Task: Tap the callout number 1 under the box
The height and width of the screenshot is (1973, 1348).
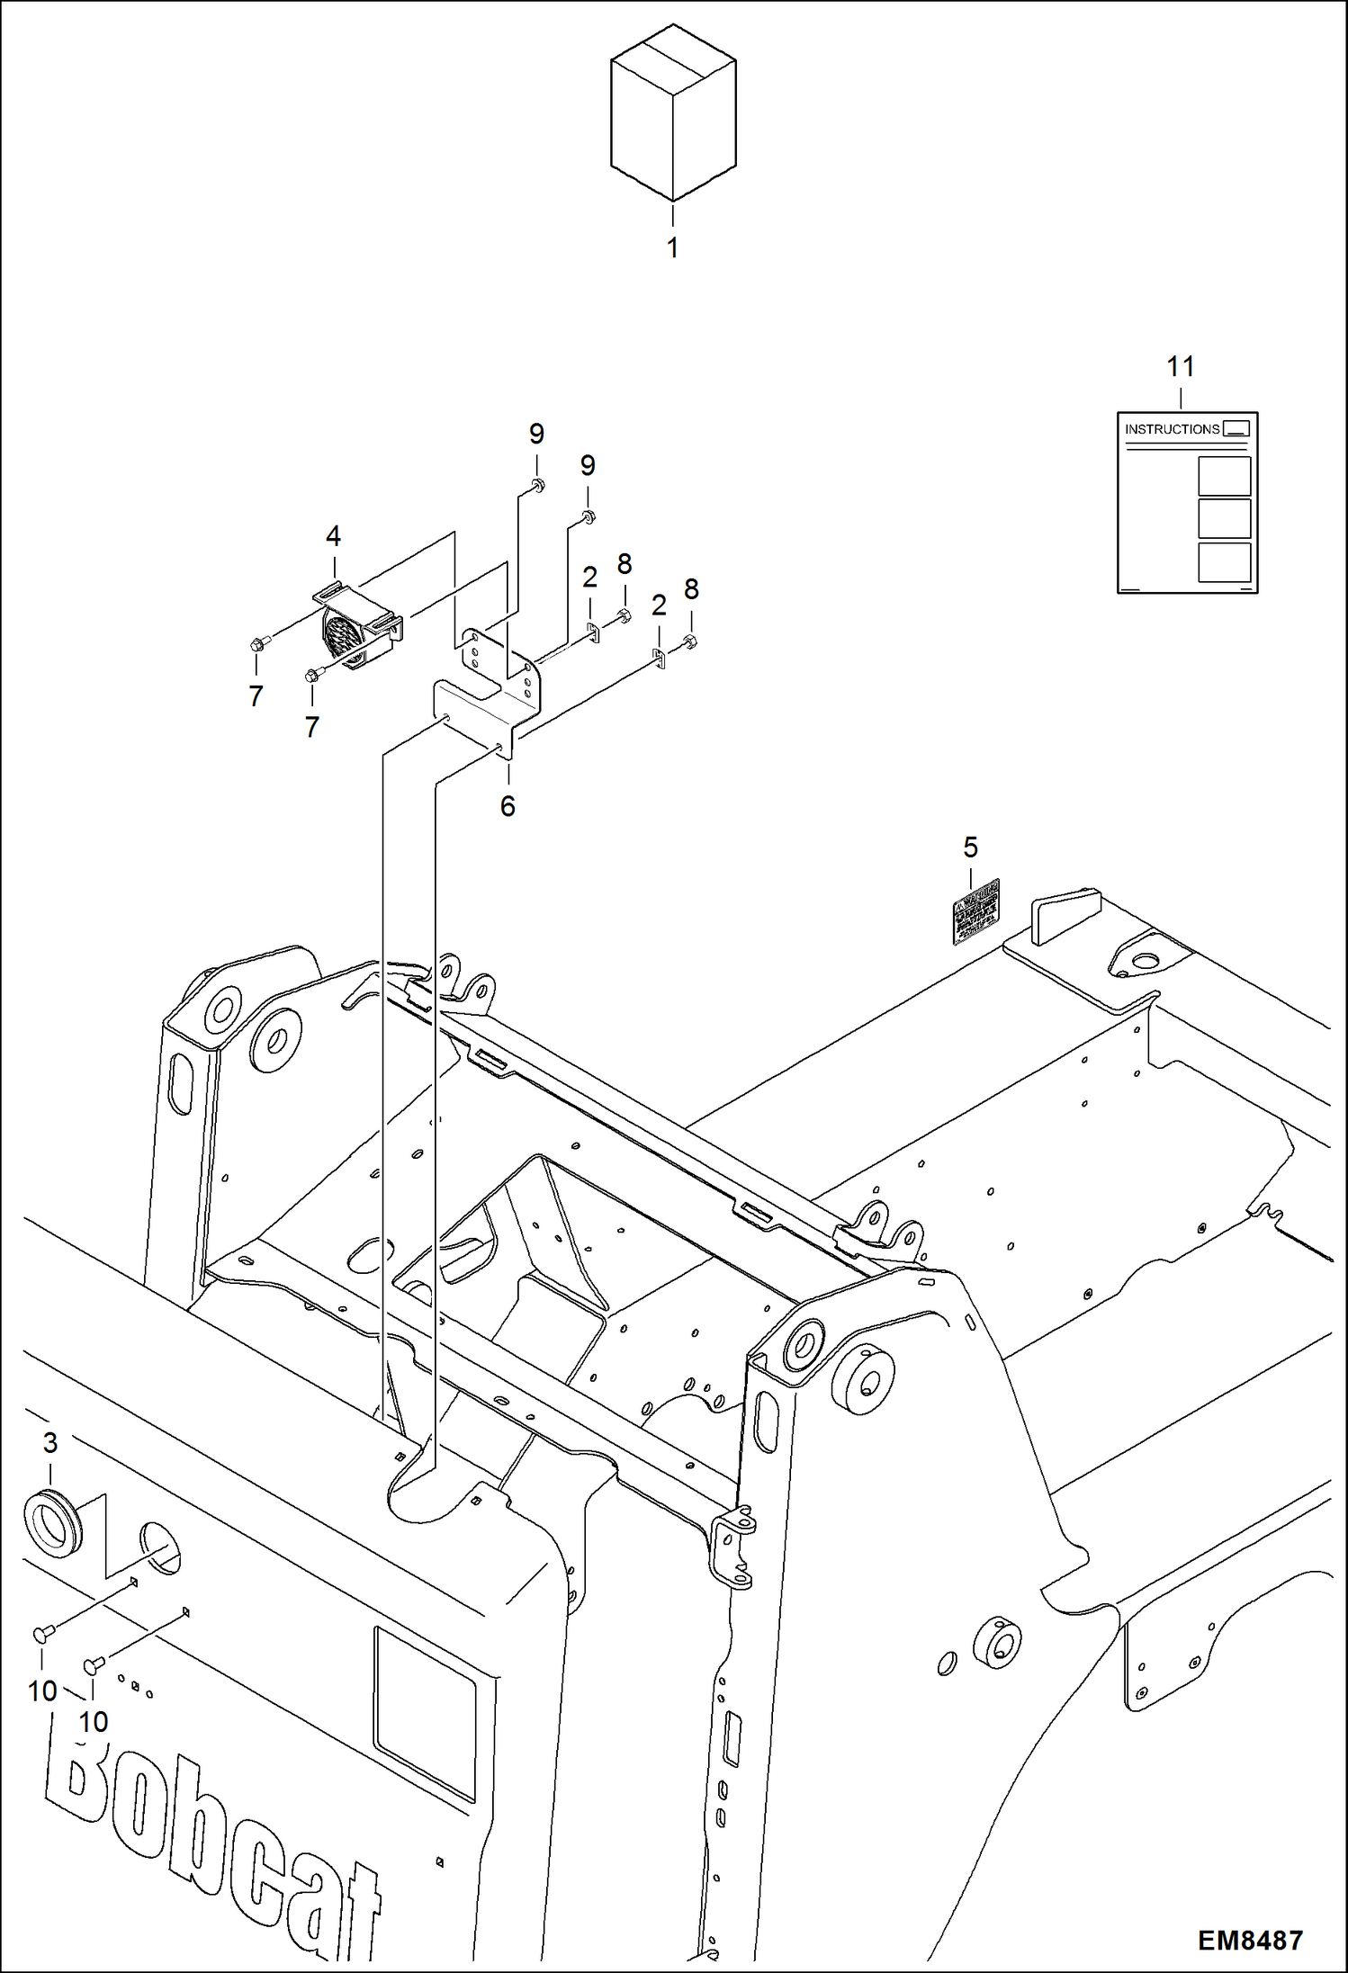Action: [x=672, y=248]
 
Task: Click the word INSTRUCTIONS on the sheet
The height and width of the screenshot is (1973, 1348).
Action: [x=1172, y=429]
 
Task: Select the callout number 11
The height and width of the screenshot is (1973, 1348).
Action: [x=1180, y=366]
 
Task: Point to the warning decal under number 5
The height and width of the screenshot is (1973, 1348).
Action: [x=976, y=911]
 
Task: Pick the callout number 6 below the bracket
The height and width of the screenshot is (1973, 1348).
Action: [x=508, y=806]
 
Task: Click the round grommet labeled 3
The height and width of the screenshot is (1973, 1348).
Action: [x=52, y=1524]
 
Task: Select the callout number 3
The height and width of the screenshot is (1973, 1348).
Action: [x=50, y=1443]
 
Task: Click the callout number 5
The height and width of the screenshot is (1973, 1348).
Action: [x=970, y=847]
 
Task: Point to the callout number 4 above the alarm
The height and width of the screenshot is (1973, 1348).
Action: [x=333, y=536]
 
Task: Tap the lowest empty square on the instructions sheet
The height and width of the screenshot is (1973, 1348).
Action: [x=1224, y=561]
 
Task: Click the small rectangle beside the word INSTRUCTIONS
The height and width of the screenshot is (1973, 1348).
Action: [x=1236, y=429]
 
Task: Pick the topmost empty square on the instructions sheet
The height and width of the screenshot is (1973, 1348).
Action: [x=1224, y=476]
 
